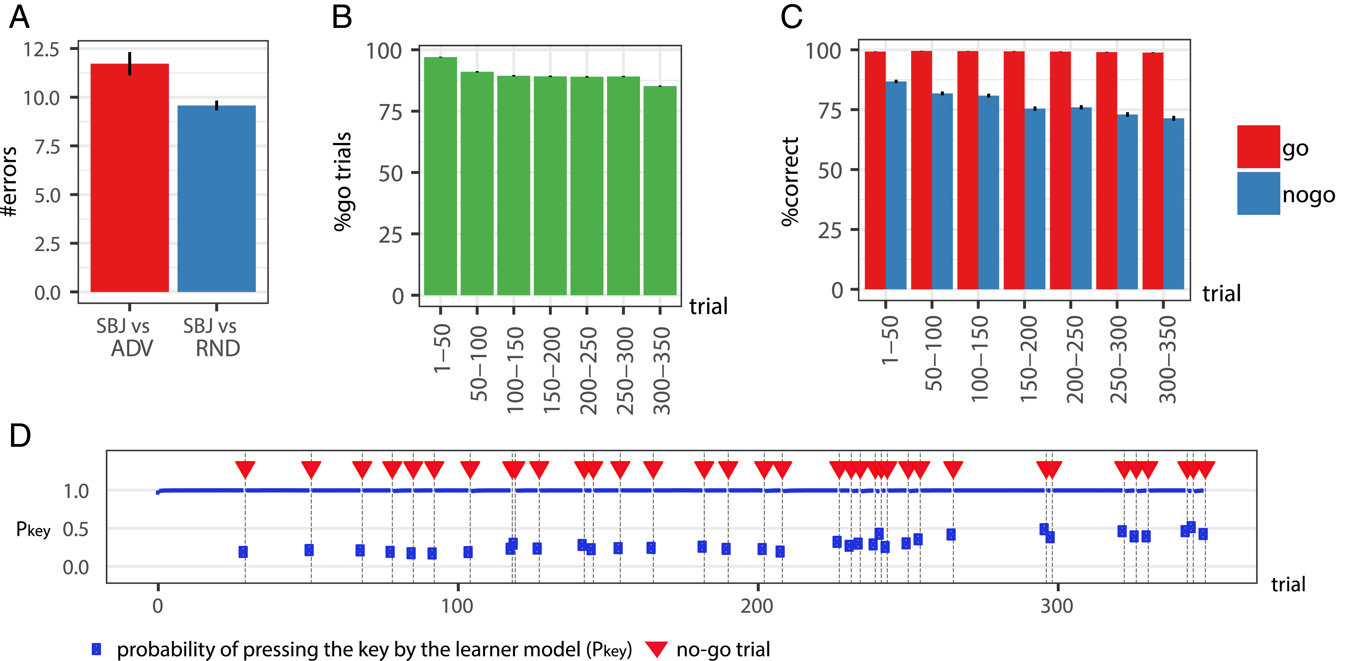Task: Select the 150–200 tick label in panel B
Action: coord(551,370)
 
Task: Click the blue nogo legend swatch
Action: coord(1258,193)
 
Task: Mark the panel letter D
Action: coord(20,435)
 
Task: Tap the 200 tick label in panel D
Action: coord(757,606)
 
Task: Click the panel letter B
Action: coord(342,17)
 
